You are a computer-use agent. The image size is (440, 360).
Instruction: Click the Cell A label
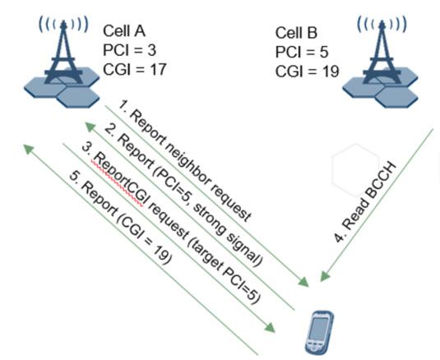[x=124, y=31]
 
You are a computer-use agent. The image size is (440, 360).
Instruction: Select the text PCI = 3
[x=129, y=50]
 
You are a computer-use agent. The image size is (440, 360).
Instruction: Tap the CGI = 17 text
[x=134, y=69]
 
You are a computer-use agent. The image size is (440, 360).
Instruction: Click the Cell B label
[x=296, y=33]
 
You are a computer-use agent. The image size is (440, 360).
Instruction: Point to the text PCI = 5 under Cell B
[x=302, y=52]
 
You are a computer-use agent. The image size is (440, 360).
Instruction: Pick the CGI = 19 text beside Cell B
[x=307, y=72]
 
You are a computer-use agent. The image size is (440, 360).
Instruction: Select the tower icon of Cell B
[x=381, y=63]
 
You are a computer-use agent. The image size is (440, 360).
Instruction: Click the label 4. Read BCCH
[x=365, y=202]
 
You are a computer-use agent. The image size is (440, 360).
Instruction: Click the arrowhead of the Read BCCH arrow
[x=326, y=276]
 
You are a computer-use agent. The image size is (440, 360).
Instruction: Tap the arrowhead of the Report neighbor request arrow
[x=303, y=281]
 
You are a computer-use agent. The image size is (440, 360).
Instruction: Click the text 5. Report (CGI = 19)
[x=120, y=218]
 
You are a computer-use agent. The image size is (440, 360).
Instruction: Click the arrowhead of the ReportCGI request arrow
[x=270, y=327]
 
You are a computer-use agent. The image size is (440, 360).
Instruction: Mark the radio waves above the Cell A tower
[x=63, y=24]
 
